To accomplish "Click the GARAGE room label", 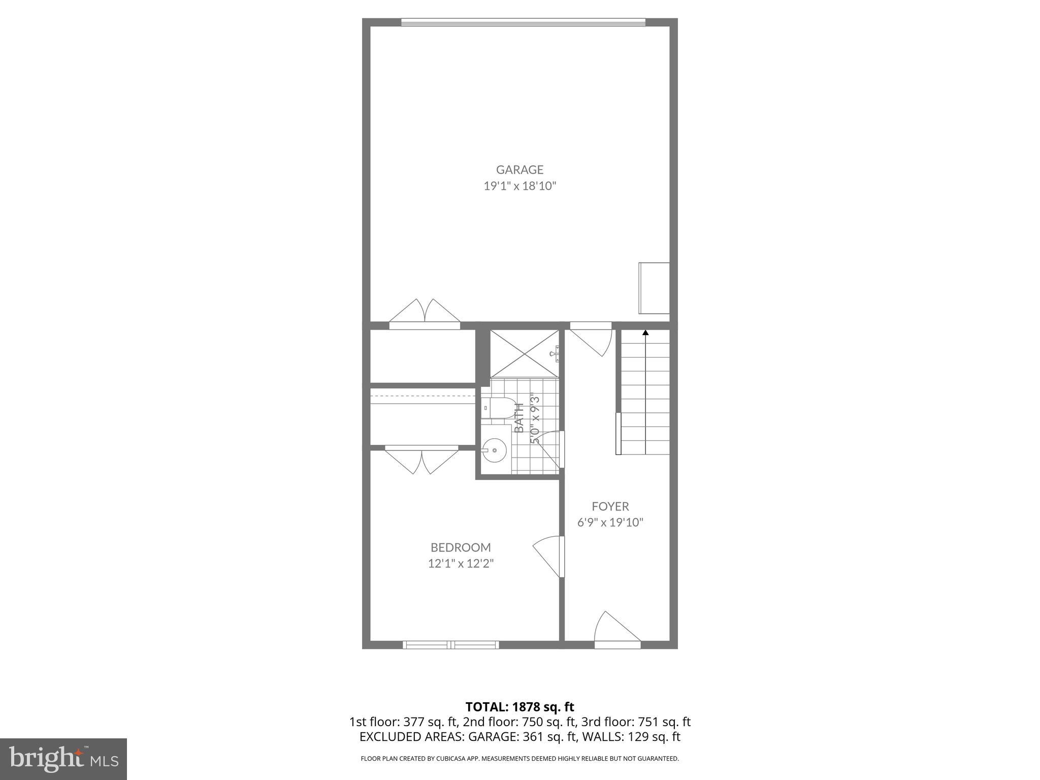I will pyautogui.click(x=519, y=170).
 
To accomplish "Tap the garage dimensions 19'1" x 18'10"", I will pyautogui.click(x=519, y=186).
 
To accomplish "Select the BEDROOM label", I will pyautogui.click(x=461, y=547).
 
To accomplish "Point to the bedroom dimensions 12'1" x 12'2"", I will pyautogui.click(x=461, y=563).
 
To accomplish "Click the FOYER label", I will pyautogui.click(x=610, y=506).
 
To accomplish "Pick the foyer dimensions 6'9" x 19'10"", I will pyautogui.click(x=610, y=522).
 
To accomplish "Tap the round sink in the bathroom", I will pyautogui.click(x=494, y=450).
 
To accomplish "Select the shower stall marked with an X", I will pyautogui.click(x=524, y=353).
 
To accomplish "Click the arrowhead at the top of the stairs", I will pyautogui.click(x=645, y=333).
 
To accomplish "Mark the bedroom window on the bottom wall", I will pyautogui.click(x=450, y=645).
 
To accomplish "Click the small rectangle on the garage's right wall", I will pyautogui.click(x=654, y=288).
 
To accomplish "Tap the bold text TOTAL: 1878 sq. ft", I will pyautogui.click(x=519, y=706).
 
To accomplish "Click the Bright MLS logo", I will pyautogui.click(x=63, y=759).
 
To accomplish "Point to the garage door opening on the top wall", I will pyautogui.click(x=523, y=22).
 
